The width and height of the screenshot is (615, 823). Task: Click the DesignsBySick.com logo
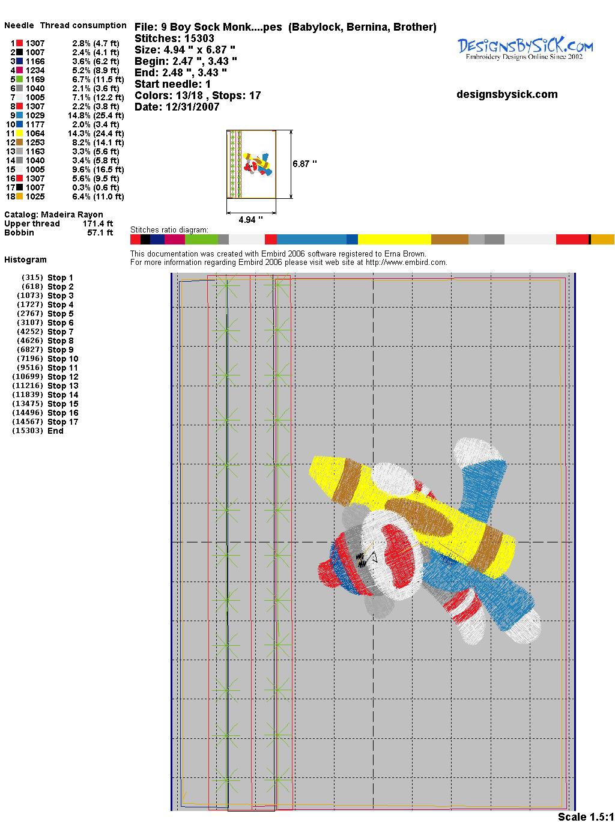point(525,49)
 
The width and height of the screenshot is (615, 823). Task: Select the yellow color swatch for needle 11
point(19,133)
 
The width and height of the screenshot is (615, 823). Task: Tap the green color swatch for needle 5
point(19,79)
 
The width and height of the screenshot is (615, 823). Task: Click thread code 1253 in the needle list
point(35,142)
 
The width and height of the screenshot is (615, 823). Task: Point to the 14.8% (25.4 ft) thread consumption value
point(95,115)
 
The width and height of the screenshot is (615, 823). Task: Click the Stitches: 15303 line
point(174,38)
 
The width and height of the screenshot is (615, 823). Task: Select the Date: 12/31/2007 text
point(177,107)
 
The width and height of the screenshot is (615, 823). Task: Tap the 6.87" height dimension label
point(304,164)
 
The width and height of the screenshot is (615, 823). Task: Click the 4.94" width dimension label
point(250,219)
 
